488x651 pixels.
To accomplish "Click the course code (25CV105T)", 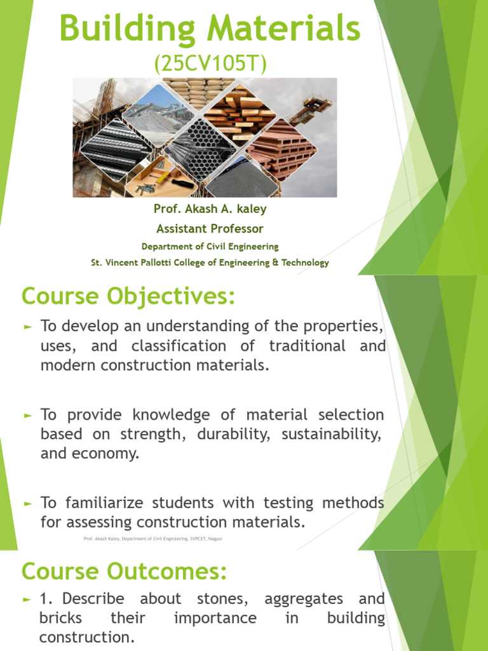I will point(209,63).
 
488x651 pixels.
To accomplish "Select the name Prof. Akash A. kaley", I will point(210,209).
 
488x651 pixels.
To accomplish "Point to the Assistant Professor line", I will point(210,228).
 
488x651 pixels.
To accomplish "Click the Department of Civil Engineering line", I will point(210,246).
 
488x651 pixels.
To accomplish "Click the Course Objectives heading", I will point(128,296).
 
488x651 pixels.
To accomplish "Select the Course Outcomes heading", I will point(124,572).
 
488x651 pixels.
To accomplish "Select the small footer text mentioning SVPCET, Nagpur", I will point(152,539).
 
